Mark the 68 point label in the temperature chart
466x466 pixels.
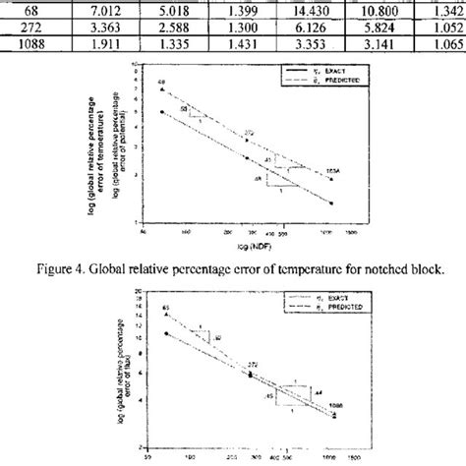click(161, 79)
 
